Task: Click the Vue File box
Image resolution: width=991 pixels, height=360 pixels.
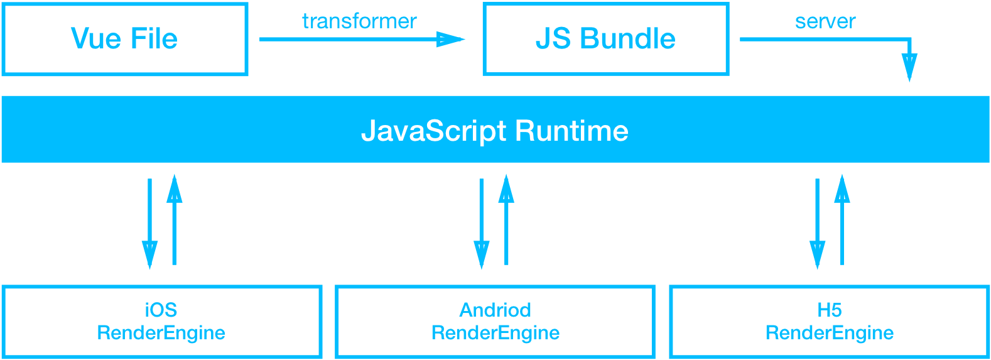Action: tap(125, 39)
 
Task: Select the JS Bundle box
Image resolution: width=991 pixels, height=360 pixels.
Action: tap(605, 39)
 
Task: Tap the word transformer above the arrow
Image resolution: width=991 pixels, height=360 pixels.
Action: tap(359, 21)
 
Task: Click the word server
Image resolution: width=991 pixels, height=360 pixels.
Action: tap(825, 21)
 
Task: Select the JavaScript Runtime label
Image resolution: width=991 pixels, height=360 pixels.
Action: tap(495, 131)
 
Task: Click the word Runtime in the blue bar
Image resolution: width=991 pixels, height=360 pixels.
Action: tap(571, 131)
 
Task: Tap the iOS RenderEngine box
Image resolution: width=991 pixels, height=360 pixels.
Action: tap(161, 322)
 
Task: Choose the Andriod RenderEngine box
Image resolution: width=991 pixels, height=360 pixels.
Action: tap(495, 322)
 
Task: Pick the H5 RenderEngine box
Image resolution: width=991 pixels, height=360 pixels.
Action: tap(829, 322)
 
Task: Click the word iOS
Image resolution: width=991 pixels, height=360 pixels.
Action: tap(161, 310)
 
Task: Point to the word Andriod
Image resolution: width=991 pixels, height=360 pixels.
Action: tap(495, 310)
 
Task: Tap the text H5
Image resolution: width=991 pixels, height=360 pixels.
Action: tap(829, 310)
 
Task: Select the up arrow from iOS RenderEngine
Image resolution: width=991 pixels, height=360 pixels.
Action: tap(175, 220)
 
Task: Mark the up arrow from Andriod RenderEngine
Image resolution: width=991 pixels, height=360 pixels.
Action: tap(506, 220)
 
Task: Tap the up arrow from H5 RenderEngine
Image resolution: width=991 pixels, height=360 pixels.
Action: tap(842, 220)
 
